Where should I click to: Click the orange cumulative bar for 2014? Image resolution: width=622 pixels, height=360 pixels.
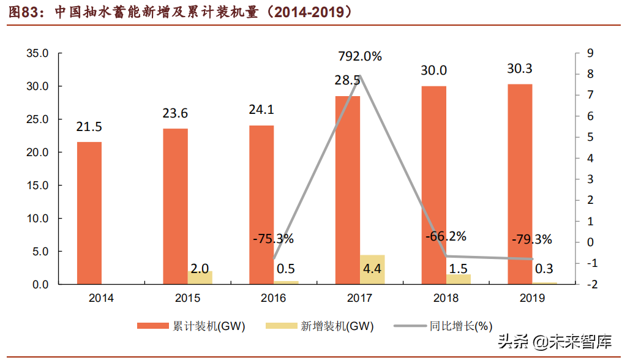[x=89, y=213]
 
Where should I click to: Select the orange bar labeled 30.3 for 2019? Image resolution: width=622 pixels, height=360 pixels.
[x=520, y=184]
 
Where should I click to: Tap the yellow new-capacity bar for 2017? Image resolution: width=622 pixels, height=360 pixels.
[x=372, y=269]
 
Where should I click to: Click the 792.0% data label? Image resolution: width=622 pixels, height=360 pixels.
[x=360, y=56]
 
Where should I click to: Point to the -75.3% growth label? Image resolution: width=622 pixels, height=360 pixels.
[x=273, y=238]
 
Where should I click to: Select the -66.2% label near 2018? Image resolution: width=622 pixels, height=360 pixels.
[x=446, y=236]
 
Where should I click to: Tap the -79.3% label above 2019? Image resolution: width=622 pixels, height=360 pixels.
[x=531, y=239]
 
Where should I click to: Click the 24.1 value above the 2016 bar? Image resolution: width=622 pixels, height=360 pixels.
[x=261, y=110]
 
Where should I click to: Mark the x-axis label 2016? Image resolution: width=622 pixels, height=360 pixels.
[x=273, y=299]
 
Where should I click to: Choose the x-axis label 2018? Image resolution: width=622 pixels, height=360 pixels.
[x=446, y=299]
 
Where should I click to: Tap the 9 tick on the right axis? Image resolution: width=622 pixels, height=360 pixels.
[x=590, y=53]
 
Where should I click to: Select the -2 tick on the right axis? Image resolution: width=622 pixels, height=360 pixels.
[x=590, y=284]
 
